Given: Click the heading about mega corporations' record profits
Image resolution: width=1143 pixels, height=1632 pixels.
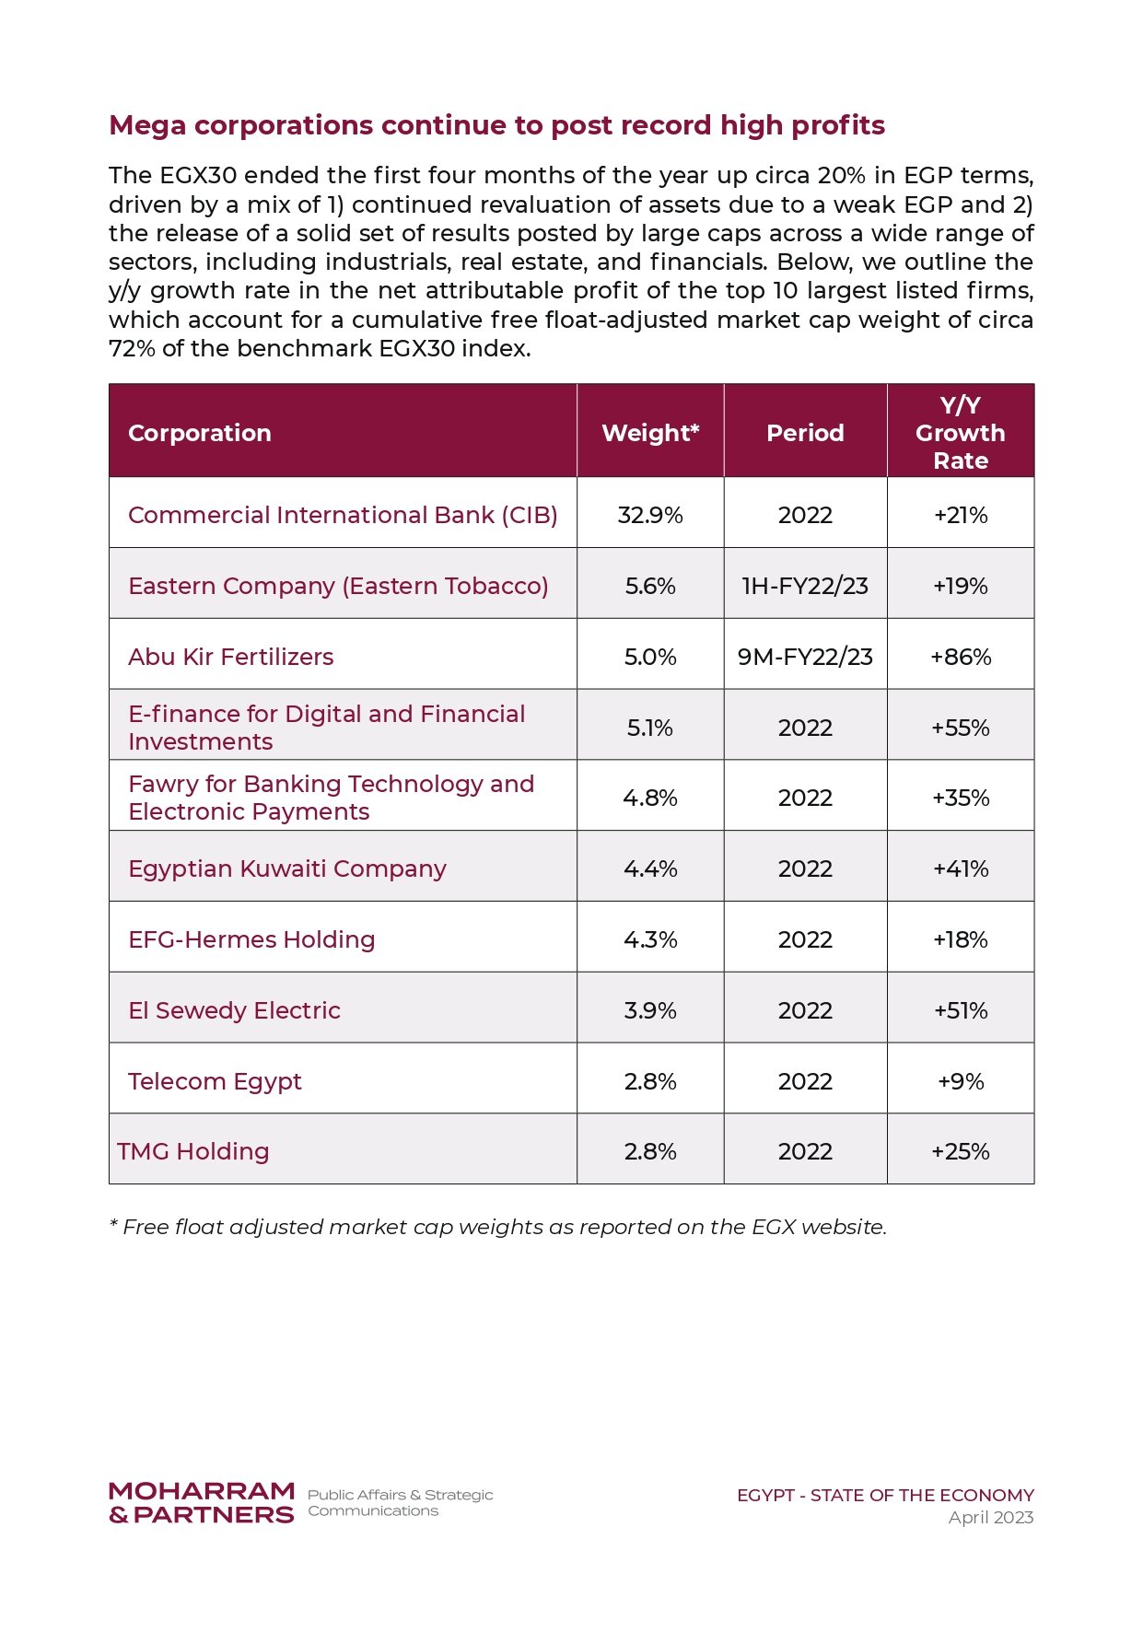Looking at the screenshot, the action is coord(496,125).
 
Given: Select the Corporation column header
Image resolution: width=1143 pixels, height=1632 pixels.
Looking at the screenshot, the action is coord(200,433).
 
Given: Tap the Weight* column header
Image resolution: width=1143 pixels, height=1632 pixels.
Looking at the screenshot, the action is coord(650,433).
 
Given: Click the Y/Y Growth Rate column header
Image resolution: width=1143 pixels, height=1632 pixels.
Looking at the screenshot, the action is coord(961,433).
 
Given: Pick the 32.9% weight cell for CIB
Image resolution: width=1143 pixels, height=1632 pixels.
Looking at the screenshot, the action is coord(650,515).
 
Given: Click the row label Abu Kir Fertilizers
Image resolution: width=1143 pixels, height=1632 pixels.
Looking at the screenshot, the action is coord(231,657).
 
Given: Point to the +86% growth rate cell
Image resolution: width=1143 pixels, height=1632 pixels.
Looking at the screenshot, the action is coord(961,657).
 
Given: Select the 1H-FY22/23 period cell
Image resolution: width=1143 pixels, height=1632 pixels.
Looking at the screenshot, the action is coord(805,586).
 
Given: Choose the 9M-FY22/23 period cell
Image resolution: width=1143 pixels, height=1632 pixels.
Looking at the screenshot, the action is coord(805,657).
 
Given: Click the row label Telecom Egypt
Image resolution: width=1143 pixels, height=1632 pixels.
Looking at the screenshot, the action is coord(215,1081).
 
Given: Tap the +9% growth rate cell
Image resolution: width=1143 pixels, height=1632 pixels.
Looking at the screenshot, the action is coord(961,1081).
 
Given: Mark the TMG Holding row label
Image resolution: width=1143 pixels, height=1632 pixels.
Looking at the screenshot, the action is coord(193,1151).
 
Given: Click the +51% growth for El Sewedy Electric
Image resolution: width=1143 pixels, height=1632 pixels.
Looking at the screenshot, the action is coord(961,1010).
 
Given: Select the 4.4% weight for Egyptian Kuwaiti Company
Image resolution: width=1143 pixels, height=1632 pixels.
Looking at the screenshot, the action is coord(650,868).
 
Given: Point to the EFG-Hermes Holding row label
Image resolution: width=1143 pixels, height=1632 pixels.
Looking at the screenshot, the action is coord(251,939).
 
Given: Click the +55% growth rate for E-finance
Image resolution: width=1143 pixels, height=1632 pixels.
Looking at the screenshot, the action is coord(961,728).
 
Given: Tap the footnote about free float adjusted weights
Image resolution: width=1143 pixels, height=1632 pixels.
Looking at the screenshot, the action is coord(497,1227).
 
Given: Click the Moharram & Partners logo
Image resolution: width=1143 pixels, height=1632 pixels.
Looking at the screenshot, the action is coord(202,1503).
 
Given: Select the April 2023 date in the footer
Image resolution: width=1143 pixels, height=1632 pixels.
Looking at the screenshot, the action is coord(991,1517).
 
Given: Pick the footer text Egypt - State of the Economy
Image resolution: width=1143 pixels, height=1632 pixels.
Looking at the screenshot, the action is coord(885,1495).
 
